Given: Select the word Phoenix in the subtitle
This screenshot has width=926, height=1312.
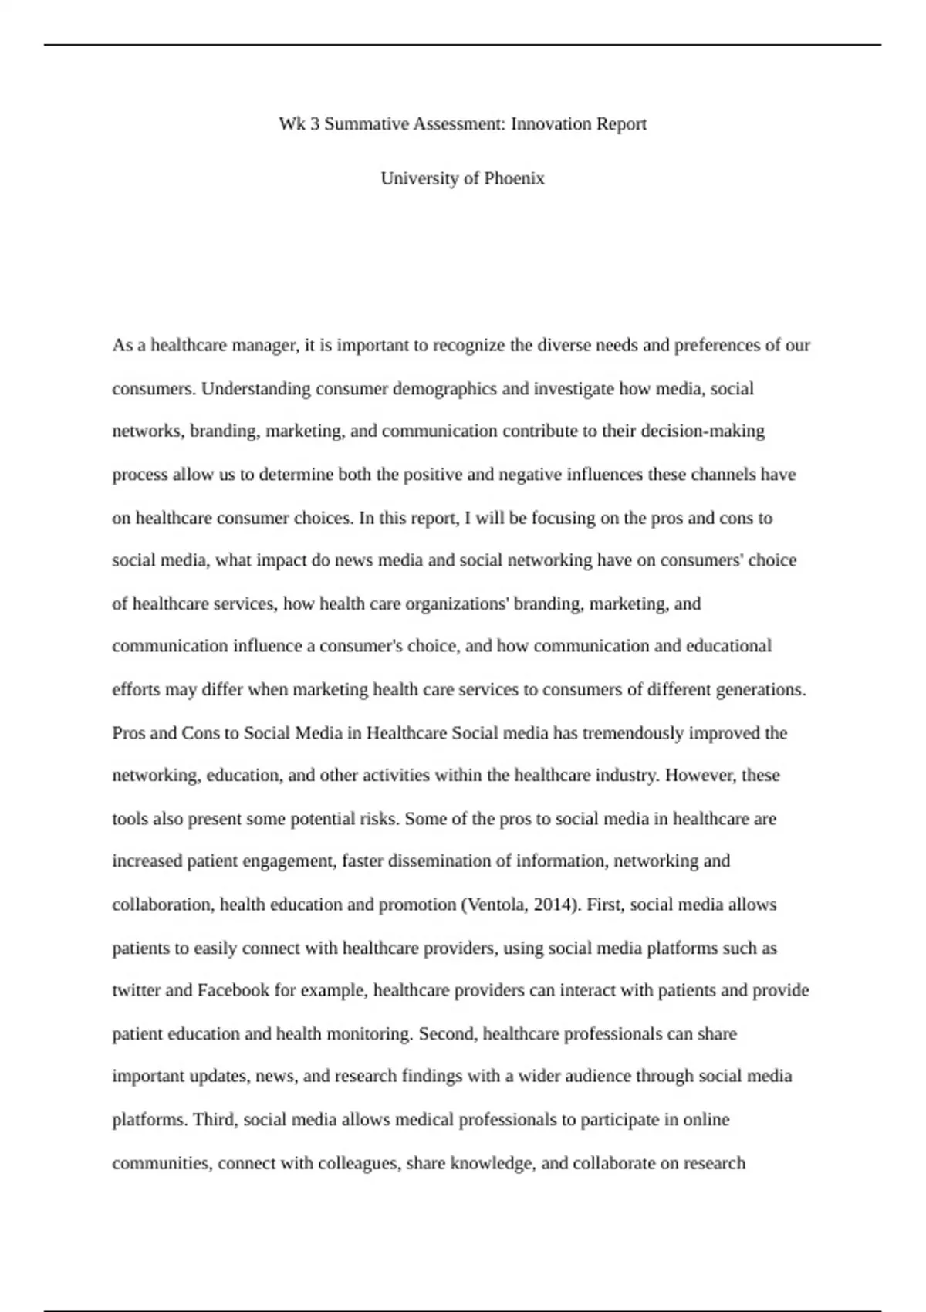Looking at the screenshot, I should (514, 178).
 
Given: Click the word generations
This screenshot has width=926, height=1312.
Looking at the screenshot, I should (761, 689).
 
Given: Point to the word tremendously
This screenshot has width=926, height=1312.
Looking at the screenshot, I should (633, 732).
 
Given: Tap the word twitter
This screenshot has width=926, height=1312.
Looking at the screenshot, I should (134, 990).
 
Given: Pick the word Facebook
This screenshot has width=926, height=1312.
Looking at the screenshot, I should (233, 990).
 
